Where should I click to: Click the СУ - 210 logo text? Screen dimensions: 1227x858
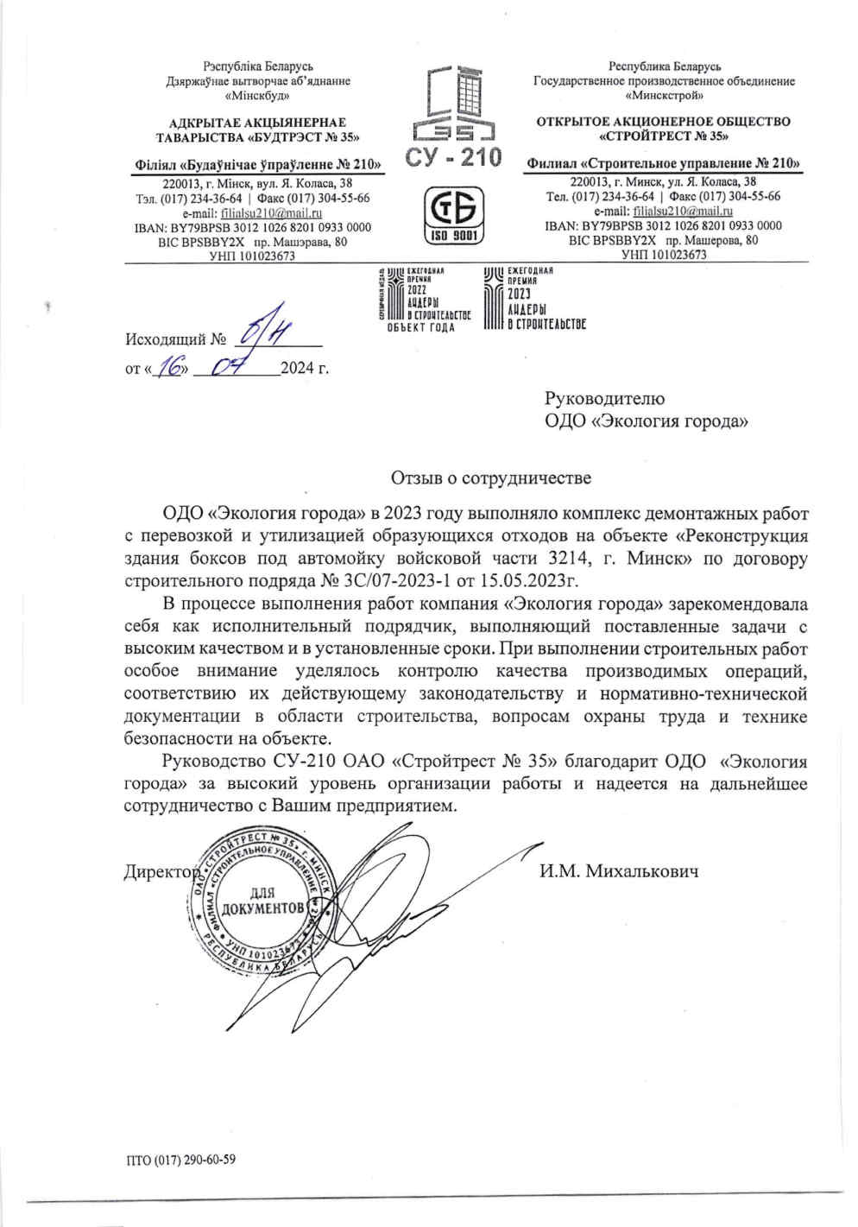click(452, 157)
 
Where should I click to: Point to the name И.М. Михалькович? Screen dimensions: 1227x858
click(619, 871)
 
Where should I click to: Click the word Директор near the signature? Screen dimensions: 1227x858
click(161, 871)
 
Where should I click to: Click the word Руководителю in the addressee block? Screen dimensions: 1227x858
click(604, 398)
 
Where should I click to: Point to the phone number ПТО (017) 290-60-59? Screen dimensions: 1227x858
click(180, 1160)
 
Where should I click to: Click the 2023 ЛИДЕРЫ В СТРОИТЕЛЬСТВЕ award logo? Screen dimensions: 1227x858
click(534, 300)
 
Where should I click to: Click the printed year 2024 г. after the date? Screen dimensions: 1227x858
click(305, 370)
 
